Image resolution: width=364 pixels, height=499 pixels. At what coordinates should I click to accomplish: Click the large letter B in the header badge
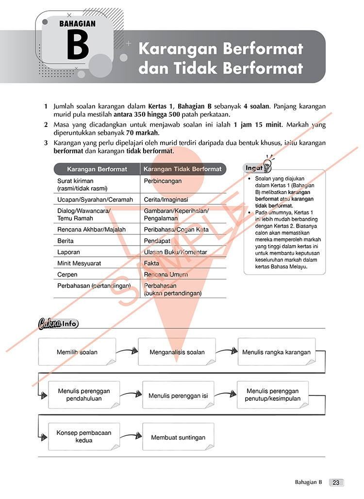[78, 45]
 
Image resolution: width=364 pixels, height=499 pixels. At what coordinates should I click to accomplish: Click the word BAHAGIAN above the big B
[78, 23]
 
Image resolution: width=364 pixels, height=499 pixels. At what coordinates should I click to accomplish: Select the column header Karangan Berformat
[97, 169]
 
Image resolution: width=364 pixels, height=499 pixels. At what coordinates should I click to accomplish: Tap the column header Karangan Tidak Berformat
[182, 169]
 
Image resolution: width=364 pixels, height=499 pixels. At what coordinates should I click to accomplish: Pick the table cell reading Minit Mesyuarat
[79, 263]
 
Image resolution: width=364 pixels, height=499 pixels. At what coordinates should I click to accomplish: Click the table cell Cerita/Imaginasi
[166, 199]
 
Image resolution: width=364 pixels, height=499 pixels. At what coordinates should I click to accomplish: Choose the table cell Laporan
[68, 252]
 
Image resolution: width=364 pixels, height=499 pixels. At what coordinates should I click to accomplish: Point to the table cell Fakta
[151, 263]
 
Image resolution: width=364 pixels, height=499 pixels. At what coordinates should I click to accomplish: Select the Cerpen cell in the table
[67, 274]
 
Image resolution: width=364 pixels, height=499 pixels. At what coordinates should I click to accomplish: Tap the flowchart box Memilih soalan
[77, 352]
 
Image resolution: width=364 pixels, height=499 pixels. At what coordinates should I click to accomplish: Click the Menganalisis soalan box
[177, 352]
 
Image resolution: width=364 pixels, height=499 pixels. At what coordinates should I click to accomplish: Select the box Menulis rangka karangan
[276, 352]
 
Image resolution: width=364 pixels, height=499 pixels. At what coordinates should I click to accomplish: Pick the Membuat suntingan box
[178, 437]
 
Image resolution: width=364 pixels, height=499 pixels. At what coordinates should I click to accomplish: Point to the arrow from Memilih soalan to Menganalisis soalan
[127, 351]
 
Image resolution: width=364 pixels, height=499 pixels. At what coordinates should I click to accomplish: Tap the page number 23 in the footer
[336, 482]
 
